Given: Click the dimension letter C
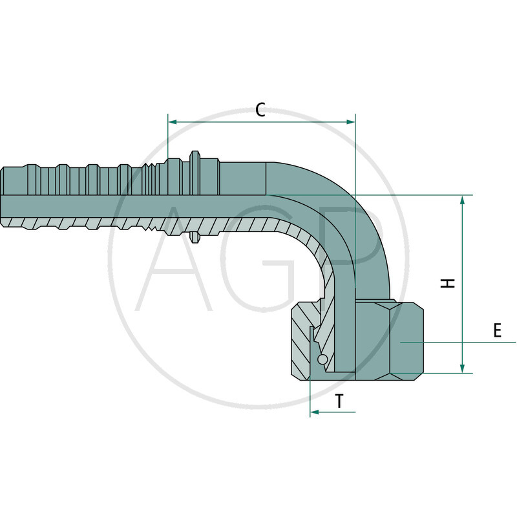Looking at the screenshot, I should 260,110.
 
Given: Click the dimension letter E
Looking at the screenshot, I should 497,331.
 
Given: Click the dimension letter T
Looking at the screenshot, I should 339,402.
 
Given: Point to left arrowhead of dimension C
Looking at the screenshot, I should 172,121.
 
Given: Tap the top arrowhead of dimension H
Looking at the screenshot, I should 463,200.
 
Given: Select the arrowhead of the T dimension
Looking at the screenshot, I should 314,411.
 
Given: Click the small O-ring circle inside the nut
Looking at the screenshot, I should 322,359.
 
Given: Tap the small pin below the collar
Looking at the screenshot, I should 194,239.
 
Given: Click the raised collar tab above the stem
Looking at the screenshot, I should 195,156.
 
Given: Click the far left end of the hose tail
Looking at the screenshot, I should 3,194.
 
